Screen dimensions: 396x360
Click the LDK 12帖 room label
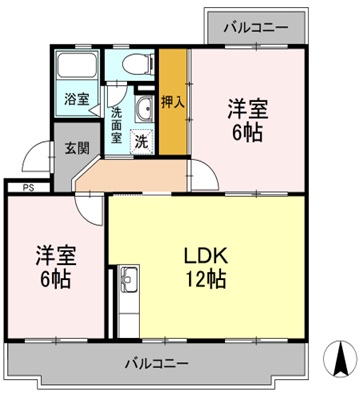click(205, 266)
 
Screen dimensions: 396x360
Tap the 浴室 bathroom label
click(75, 101)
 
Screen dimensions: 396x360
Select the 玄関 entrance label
click(76, 148)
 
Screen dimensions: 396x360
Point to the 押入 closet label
click(172, 102)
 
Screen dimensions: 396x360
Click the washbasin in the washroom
click(143, 110)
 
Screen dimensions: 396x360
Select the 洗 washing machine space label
click(141, 140)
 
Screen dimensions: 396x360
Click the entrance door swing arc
click(41, 160)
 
